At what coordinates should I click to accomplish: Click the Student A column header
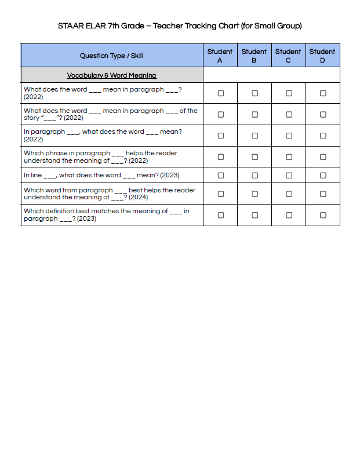coord(220,56)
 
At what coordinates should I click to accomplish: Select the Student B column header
coord(254,56)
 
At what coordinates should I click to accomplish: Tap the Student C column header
coord(288,56)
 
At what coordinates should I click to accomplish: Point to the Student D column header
coord(322,56)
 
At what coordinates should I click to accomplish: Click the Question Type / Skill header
coord(112,56)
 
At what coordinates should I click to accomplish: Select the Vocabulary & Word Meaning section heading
coord(112,75)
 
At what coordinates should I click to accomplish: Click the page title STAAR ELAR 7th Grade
coord(180,26)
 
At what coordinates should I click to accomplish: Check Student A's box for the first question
coord(220,93)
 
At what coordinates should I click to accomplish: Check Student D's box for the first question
coord(323,93)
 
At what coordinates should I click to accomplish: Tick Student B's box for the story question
coord(254,114)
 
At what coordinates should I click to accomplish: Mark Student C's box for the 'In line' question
coord(289,175)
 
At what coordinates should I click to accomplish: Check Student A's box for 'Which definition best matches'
coord(220,215)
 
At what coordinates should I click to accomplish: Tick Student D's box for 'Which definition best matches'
coord(323,215)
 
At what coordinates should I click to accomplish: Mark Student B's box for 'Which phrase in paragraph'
coord(254,156)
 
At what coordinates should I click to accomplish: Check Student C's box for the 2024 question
coord(289,194)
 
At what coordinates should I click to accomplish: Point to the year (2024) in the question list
coord(139,198)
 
